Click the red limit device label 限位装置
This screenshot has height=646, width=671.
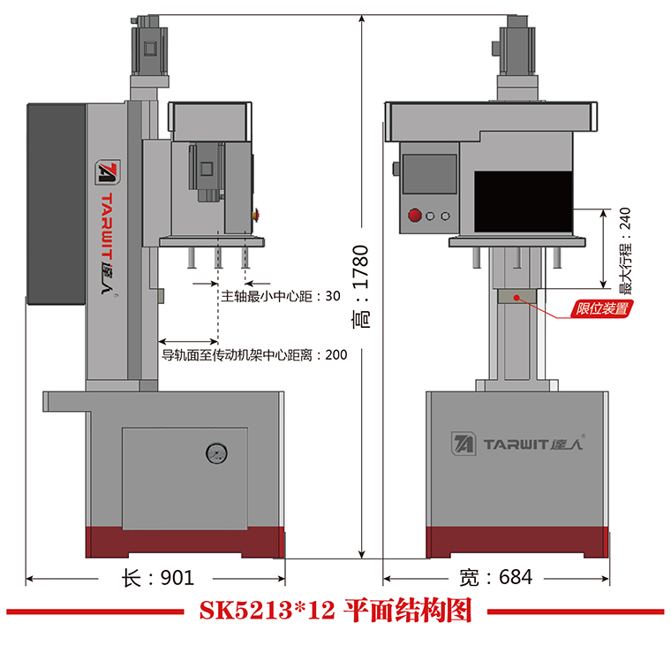click(602, 308)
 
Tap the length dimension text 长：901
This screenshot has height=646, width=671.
click(156, 578)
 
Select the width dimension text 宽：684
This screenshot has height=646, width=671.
click(496, 578)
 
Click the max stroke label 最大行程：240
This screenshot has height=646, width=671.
click(626, 250)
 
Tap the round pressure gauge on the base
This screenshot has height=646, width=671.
click(215, 454)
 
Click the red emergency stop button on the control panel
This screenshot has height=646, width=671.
click(413, 215)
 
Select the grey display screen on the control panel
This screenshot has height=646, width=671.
click(430, 174)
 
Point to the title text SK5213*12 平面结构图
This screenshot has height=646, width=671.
click(335, 612)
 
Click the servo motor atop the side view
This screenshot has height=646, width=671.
click(148, 45)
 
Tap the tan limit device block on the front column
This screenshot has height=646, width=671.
click(516, 295)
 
